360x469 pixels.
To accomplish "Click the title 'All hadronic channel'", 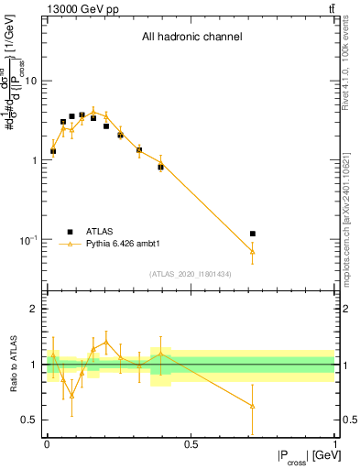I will tap(191, 37).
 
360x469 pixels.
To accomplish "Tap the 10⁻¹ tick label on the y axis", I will tap(29, 240).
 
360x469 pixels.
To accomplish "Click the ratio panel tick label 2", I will tap(34, 309).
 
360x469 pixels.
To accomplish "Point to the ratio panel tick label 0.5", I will tap(29, 420).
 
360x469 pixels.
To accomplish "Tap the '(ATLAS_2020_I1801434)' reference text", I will tap(191, 274).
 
